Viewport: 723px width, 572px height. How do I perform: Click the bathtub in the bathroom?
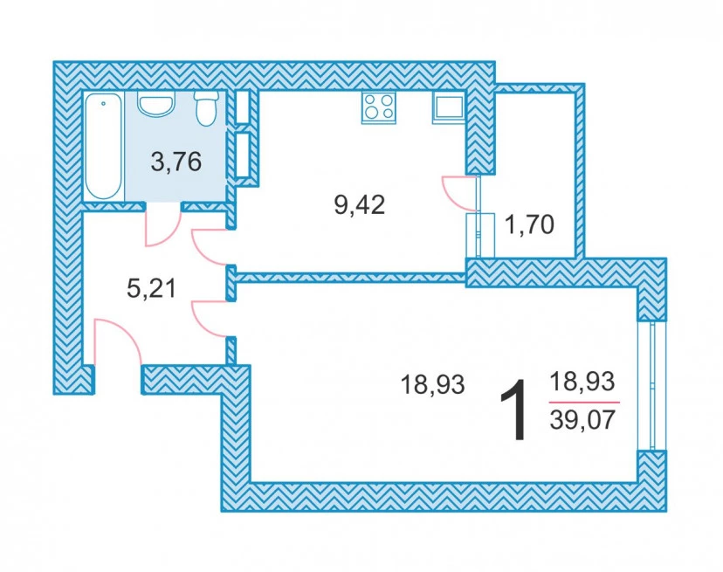click(104, 146)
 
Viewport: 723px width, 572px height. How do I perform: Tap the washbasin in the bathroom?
click(155, 105)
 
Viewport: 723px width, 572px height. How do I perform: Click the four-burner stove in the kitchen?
click(379, 107)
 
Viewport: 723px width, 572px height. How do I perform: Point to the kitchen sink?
click(448, 109)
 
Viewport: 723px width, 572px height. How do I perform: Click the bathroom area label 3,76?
click(176, 162)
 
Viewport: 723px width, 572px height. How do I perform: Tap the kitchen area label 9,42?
click(359, 204)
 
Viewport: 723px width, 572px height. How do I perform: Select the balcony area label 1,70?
click(529, 225)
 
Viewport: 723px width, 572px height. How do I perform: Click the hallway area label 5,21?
click(151, 289)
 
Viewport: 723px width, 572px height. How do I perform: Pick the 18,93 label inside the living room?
click(432, 384)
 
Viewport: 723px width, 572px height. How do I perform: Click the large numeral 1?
click(513, 410)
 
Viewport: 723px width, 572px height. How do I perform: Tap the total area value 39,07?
click(582, 420)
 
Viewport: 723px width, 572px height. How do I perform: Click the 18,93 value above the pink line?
click(582, 382)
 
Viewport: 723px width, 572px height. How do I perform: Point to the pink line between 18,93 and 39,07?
click(584, 403)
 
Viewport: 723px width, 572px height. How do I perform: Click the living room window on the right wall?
click(652, 385)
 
